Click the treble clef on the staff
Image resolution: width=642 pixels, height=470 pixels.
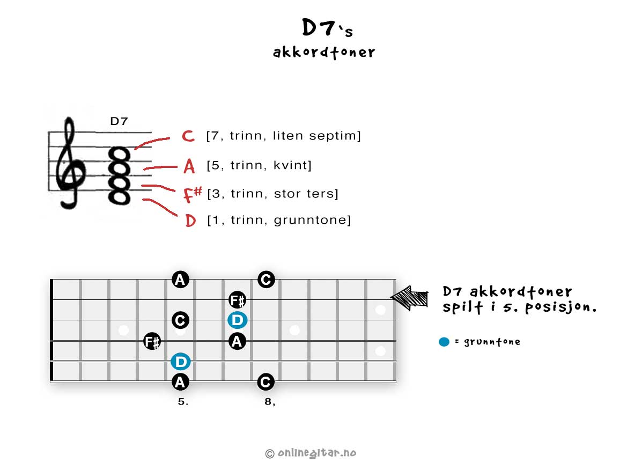coord(70,164)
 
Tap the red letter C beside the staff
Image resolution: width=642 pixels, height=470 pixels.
coord(188,136)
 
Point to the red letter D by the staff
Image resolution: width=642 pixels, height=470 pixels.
coord(190,221)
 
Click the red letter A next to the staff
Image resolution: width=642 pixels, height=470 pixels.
coord(189,166)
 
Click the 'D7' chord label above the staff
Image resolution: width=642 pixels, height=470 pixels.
coord(119,121)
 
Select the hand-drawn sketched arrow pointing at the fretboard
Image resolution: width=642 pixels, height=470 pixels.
coord(409,298)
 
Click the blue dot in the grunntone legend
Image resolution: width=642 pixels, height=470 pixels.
coord(444,342)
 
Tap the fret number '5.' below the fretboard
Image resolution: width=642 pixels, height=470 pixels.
coord(183,402)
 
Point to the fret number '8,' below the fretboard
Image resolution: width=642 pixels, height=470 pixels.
coord(270,402)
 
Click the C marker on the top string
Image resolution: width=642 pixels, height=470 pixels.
coord(266,280)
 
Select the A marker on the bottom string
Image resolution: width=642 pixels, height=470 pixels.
coord(180,382)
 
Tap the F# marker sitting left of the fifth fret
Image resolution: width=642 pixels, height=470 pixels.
coord(152,341)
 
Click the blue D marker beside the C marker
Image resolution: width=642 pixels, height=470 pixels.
coord(238,320)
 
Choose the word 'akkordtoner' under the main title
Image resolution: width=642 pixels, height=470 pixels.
coord(324,53)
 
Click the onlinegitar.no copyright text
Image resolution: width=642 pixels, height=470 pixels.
coord(311,453)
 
